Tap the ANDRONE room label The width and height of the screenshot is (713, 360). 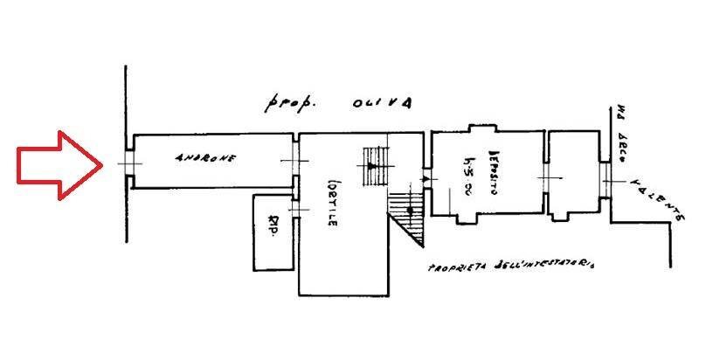[206, 157]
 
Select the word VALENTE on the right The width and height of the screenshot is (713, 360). [657, 199]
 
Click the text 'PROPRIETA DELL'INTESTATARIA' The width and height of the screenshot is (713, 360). [512, 266]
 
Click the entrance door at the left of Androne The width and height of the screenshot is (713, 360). [128, 164]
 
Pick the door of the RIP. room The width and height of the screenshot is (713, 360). [295, 210]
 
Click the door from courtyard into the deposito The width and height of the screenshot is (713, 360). [428, 178]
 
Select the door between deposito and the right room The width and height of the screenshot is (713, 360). [546, 178]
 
